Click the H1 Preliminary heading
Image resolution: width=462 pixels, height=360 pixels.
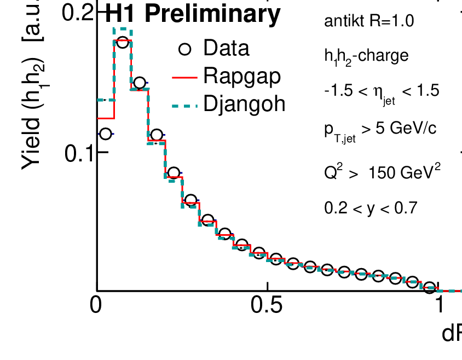pos(192,15)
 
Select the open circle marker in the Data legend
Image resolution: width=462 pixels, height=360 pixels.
pos(185,49)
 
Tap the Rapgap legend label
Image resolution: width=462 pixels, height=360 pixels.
pos(242,76)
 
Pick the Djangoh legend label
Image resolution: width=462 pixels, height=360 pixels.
pos(244,103)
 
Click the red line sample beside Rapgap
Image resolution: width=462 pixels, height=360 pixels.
pos(185,77)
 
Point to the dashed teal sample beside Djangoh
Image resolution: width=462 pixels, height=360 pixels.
pos(185,104)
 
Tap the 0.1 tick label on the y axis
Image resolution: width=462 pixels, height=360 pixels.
pos(79,153)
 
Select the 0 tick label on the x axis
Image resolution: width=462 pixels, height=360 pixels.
pos(96,305)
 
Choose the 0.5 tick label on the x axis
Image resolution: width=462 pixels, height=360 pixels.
pos(267,305)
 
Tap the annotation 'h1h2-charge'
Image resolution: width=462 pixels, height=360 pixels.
pos(366,56)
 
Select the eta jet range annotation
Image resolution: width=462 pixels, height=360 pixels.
pos(382,91)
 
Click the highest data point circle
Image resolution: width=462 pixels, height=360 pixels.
pos(122,42)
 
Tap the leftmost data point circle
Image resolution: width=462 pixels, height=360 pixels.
pos(105,133)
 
